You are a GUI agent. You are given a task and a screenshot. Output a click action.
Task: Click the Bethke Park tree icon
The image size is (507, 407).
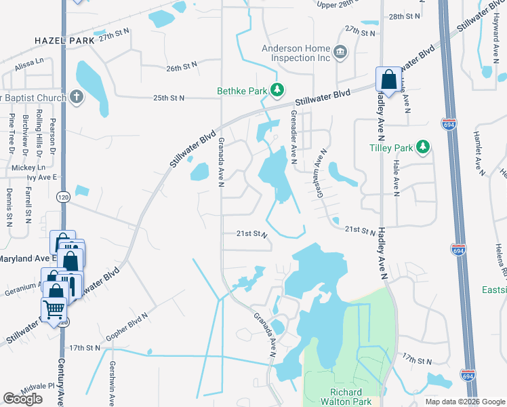277,90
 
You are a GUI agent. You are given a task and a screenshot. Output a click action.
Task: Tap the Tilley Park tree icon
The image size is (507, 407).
424,147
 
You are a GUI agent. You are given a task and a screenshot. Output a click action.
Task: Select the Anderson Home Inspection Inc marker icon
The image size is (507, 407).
340,51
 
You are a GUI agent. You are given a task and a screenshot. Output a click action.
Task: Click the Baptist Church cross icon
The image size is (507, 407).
76,96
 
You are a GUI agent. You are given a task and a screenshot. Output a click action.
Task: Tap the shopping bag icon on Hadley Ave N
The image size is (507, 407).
389,79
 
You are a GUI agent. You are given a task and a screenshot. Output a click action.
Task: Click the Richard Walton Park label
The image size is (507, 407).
350,397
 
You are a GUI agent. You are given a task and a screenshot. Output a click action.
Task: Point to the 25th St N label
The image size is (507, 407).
169,98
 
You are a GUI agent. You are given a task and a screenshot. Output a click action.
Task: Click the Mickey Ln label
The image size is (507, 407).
26,167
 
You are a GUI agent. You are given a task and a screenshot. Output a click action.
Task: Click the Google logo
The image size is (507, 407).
23,398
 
